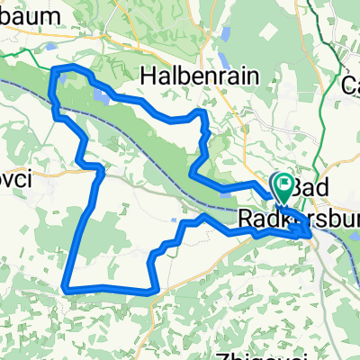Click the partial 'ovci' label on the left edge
tap(15, 180)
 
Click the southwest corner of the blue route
tap(66, 288)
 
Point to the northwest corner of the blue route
tap(56, 70)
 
